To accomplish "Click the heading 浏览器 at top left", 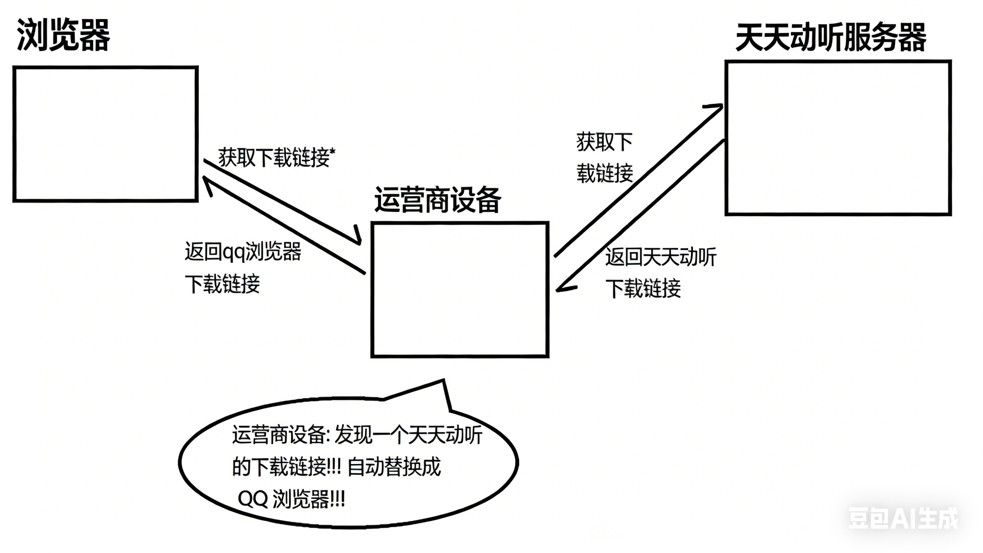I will tap(63, 35).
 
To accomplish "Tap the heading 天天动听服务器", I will tap(831, 37).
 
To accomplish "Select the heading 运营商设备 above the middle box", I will tap(437, 200).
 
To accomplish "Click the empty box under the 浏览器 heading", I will tap(105, 134).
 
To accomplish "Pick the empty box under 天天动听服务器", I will tap(838, 138).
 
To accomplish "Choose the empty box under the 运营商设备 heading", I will tap(460, 290).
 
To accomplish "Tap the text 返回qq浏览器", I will tap(243, 252).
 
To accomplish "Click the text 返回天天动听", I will tap(661, 257).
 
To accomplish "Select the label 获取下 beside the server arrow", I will tap(605, 142).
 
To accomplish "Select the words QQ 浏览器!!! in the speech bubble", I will tap(291, 499).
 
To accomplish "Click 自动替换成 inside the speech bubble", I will tap(394, 467).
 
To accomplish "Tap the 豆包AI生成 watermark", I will tap(903, 518).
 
